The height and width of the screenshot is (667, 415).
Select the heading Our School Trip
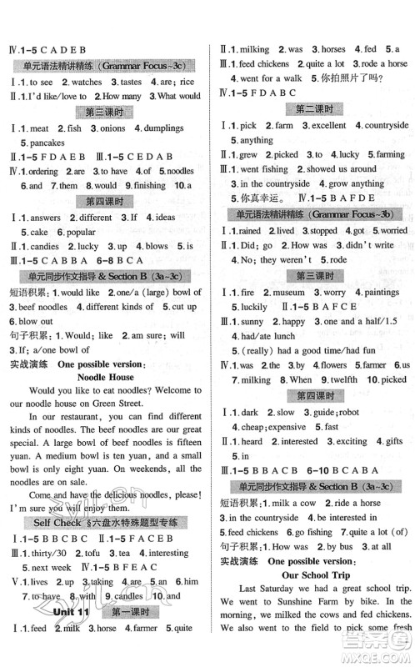click(x=312, y=598)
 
